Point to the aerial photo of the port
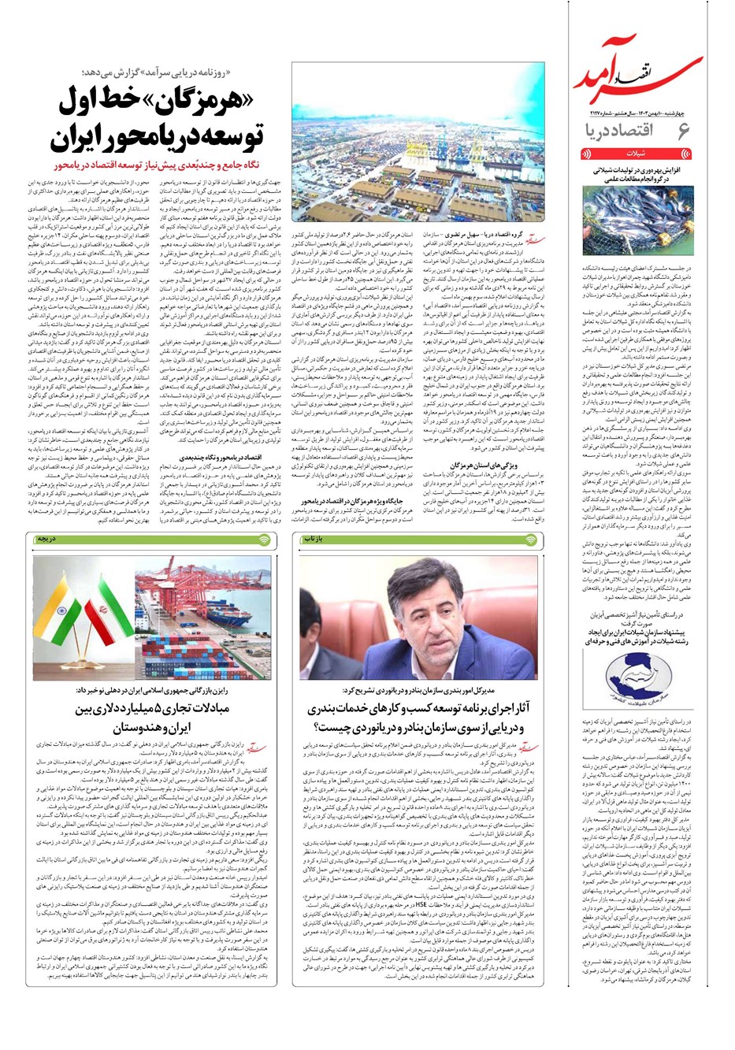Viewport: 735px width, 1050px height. [418, 143]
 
